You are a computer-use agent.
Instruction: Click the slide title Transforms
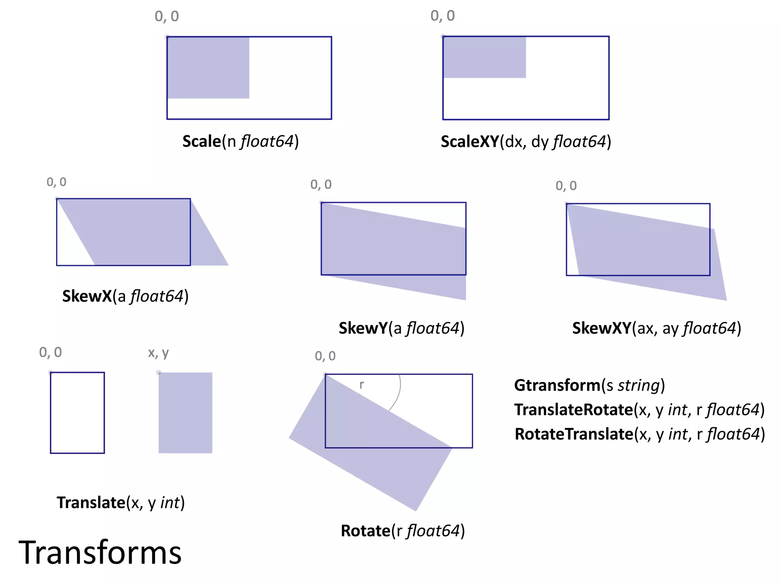[x=100, y=553]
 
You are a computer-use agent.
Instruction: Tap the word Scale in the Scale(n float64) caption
[x=201, y=141]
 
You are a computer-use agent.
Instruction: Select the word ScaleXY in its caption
[x=470, y=142]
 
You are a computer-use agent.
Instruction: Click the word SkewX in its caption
[x=87, y=296]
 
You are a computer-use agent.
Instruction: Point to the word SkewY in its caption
[x=363, y=328]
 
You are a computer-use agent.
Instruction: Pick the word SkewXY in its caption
[x=601, y=328]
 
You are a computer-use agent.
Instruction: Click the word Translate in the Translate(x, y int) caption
[x=91, y=503]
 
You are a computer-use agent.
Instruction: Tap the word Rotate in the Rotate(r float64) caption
[x=365, y=531]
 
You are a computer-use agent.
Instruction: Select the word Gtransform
[x=557, y=385]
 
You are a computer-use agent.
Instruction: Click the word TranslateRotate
[x=573, y=410]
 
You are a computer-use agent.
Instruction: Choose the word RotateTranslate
[x=574, y=434]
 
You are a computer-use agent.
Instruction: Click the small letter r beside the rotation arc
[x=361, y=385]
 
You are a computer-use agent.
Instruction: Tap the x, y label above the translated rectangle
[x=158, y=353]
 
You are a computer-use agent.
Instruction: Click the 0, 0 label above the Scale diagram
[x=166, y=16]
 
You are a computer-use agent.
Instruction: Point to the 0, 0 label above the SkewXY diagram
[x=566, y=186]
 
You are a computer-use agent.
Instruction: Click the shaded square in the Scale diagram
[x=208, y=67]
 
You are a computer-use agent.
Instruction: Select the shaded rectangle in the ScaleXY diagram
[x=484, y=57]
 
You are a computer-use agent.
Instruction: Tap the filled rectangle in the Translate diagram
[x=185, y=412]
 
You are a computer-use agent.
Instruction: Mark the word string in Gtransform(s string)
[x=639, y=385]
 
